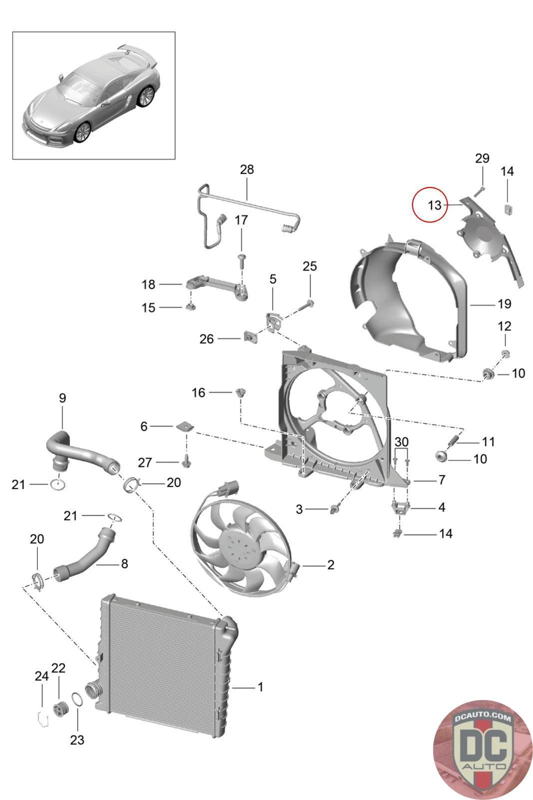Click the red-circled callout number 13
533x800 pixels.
tap(434, 205)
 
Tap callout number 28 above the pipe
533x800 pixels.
tap(247, 169)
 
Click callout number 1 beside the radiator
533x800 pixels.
tap(260, 687)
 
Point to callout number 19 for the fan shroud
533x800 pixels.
tap(504, 304)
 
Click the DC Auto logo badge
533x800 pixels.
tap(482, 750)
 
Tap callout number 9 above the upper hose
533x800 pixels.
tap(62, 398)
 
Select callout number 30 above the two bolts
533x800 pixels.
tap(401, 442)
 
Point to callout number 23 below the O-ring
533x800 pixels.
tap(77, 740)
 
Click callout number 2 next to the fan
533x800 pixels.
tap(331, 564)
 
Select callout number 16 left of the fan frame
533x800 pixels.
tap(198, 393)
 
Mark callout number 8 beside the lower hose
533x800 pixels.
tap(124, 563)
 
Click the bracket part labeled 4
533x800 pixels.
tap(401, 507)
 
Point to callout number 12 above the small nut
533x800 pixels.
tap(504, 326)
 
